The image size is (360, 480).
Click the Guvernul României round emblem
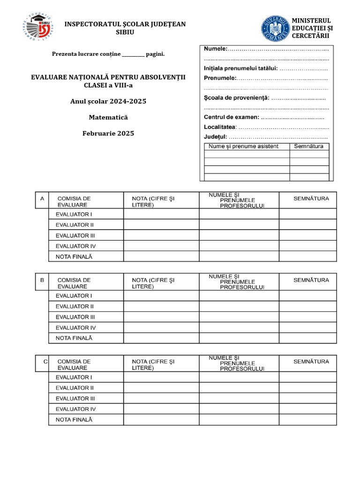[275, 29]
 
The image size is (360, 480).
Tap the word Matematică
[108, 117]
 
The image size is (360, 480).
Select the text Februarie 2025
[108, 133]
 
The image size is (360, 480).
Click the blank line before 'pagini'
[133, 54]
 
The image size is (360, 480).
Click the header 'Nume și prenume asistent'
[243, 146]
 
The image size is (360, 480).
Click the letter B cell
[42, 280]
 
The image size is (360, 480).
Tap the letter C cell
[45, 361]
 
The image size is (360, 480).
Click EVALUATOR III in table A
[75, 235]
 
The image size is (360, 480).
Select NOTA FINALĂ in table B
[74, 338]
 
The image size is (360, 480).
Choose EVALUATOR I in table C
[74, 377]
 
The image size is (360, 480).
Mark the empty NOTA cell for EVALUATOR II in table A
[161, 225]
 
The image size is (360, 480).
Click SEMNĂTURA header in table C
[311, 361]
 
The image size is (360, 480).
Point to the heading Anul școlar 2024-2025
[108, 101]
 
